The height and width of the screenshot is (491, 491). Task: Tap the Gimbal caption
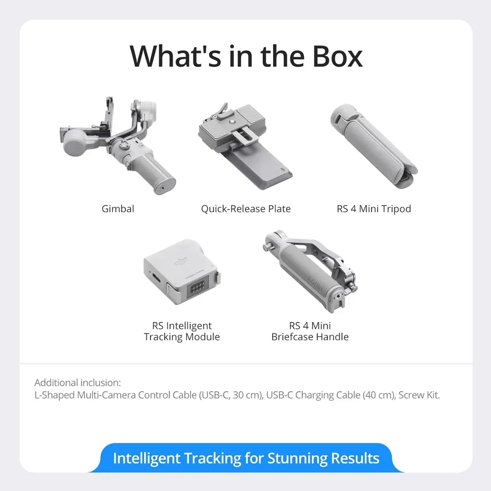click(x=118, y=209)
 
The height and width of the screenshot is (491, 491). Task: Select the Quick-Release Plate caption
click(x=246, y=209)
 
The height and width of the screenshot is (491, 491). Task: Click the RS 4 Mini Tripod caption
click(x=374, y=209)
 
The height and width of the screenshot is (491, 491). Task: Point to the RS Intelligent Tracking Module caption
click(x=182, y=331)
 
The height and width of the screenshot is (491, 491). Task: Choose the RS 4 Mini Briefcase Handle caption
click(x=310, y=331)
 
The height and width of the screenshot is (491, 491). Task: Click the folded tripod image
click(x=374, y=146)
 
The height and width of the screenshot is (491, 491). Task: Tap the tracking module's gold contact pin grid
click(x=197, y=287)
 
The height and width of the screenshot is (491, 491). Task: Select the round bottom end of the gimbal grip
click(x=164, y=187)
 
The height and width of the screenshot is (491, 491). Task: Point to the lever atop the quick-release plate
click(x=222, y=110)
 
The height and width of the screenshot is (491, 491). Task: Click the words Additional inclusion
click(x=78, y=382)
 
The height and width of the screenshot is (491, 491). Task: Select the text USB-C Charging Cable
click(x=313, y=395)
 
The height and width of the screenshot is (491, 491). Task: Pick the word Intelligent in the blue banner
click(x=146, y=458)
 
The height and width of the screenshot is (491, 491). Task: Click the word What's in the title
click(x=175, y=56)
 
